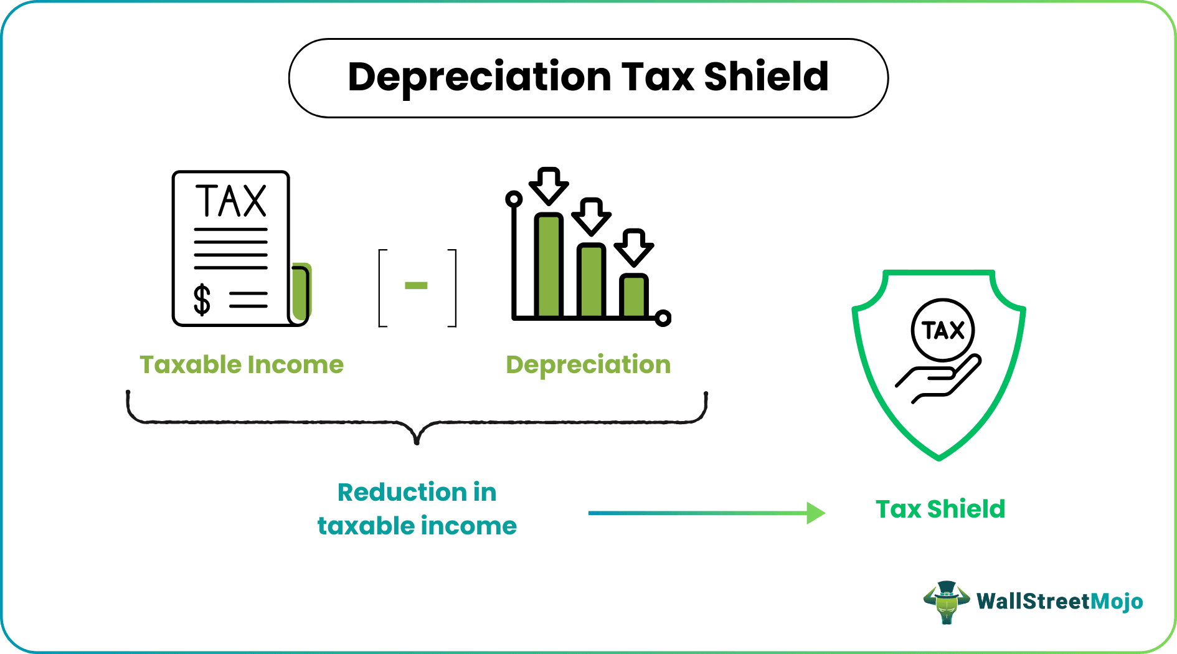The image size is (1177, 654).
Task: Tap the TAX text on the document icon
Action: [231, 201]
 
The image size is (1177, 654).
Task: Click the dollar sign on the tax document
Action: [202, 300]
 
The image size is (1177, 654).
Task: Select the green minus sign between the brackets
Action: [416, 286]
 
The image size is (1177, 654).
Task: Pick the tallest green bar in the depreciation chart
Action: [549, 265]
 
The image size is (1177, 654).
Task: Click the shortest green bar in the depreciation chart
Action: [634, 295]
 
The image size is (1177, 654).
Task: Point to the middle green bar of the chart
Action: [591, 280]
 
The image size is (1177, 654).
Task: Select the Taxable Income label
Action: [242, 365]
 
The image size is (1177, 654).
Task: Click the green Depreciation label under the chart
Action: [588, 365]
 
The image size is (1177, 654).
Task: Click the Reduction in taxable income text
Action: [417, 509]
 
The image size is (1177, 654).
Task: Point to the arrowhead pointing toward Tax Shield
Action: [815, 513]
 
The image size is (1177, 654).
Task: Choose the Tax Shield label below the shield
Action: [940, 509]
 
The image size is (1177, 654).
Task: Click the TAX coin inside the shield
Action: [943, 330]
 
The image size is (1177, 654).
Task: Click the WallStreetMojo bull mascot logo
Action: [946, 602]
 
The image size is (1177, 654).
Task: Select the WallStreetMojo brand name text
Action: [1059, 602]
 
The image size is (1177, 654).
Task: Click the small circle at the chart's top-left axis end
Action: [514, 199]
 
